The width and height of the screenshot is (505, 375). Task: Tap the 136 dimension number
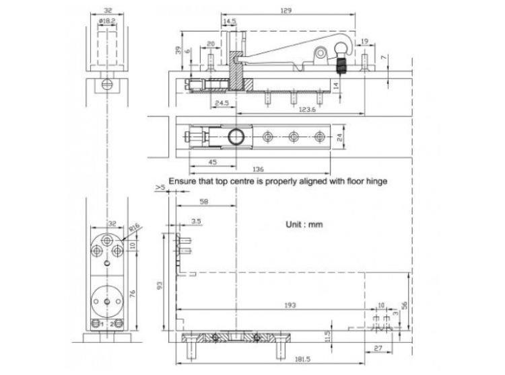(x=260, y=169)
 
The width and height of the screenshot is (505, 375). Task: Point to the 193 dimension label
(x=290, y=305)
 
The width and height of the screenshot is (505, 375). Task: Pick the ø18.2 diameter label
(x=106, y=22)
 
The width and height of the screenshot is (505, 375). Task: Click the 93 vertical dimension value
(x=159, y=284)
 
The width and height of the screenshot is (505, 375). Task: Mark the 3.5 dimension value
(x=196, y=220)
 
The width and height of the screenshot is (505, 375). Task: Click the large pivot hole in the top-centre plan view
(x=236, y=136)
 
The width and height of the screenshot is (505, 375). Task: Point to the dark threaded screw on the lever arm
(x=341, y=67)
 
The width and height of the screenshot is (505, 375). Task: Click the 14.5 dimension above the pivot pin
(x=230, y=22)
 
